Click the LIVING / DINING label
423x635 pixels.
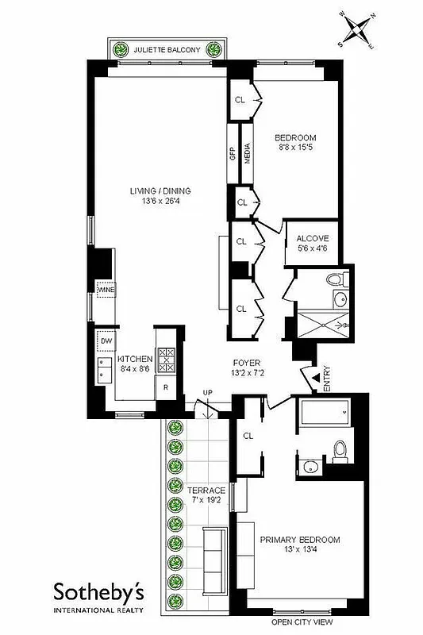pos(161,195)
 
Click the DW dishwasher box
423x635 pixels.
pos(106,341)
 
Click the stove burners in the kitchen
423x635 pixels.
pos(166,361)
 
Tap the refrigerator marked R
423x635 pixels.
pos(165,388)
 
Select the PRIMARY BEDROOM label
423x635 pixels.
pos(299,545)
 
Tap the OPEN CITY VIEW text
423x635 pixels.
pos(308,623)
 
